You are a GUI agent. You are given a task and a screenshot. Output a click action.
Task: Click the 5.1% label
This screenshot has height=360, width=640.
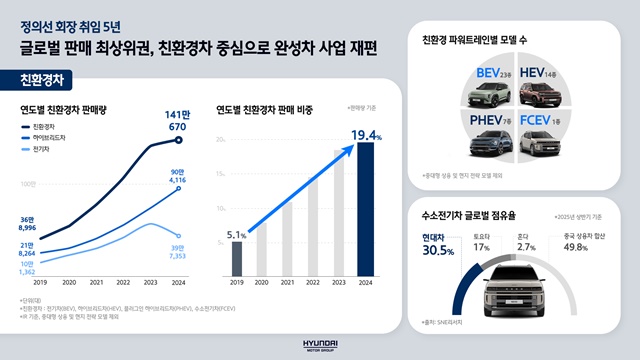click(x=236, y=235)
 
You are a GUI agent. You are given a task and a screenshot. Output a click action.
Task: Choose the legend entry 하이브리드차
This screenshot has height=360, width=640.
click(x=47, y=138)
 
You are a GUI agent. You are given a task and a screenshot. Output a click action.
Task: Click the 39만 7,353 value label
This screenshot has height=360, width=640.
click(x=179, y=253)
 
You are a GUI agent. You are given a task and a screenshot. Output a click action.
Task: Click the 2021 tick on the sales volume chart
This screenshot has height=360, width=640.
click(x=98, y=283)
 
